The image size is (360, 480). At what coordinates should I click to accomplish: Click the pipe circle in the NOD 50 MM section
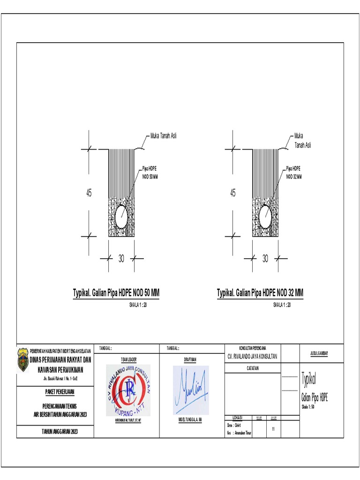click(121, 216)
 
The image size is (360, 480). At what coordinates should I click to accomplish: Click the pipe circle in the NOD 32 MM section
click(266, 216)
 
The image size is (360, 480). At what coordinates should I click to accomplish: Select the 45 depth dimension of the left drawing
click(89, 193)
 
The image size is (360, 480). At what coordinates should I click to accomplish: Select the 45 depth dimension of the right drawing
click(233, 193)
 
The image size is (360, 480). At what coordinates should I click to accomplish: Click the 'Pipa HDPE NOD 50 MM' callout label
click(150, 172)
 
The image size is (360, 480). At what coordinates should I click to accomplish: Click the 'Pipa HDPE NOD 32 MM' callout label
click(294, 172)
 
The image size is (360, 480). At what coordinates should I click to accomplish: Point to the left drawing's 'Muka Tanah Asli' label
click(163, 136)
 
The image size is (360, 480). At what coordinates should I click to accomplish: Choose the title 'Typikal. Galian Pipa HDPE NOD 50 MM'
click(116, 292)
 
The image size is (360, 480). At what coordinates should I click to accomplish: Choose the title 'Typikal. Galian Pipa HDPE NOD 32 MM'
click(260, 292)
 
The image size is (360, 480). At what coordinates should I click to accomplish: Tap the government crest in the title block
click(22, 360)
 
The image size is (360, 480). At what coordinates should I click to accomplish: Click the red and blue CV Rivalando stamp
click(128, 390)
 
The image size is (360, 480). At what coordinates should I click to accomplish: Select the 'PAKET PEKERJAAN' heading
click(56, 391)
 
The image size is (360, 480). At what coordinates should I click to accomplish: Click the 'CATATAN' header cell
click(253, 368)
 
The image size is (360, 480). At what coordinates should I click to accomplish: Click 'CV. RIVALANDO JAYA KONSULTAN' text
click(252, 356)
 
